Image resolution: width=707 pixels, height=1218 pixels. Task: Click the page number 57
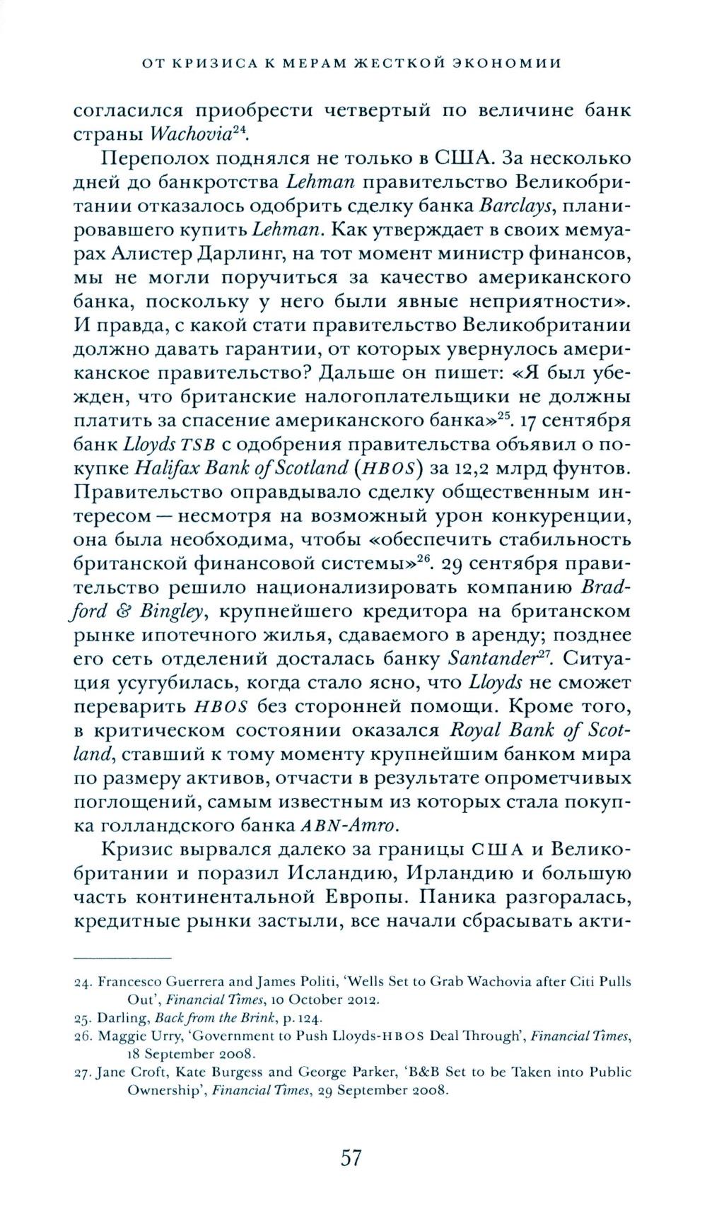(x=351, y=1159)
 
